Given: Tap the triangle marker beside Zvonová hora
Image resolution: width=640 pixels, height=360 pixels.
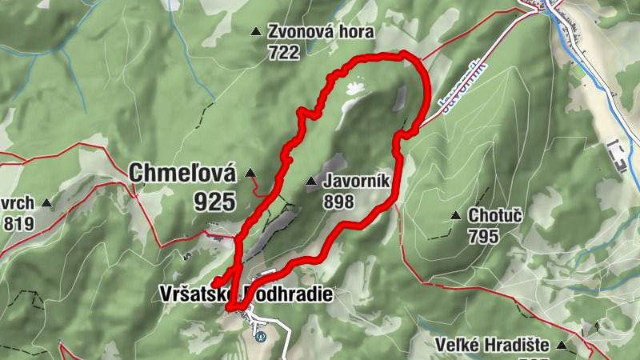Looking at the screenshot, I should point(255,32).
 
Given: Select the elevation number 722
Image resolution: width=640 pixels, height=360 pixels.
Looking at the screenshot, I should point(284,53).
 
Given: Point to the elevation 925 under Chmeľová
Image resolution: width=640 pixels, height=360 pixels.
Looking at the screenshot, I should point(214,201).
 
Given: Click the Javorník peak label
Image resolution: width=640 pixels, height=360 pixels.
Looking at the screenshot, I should point(357,182).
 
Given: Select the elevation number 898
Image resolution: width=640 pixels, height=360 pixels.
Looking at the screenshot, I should point(339,202).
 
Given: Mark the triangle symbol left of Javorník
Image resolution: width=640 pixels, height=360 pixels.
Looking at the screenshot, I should point(311,183).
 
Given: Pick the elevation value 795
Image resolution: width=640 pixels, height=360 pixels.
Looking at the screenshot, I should point(484,236).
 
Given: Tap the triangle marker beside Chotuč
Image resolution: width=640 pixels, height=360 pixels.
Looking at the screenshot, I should point(455,215).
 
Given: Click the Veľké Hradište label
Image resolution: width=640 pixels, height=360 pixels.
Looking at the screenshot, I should point(491,346).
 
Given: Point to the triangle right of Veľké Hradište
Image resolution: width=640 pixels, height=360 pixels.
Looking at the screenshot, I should point(562,346).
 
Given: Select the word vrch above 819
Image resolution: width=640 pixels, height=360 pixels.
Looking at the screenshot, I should point(18,203).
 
